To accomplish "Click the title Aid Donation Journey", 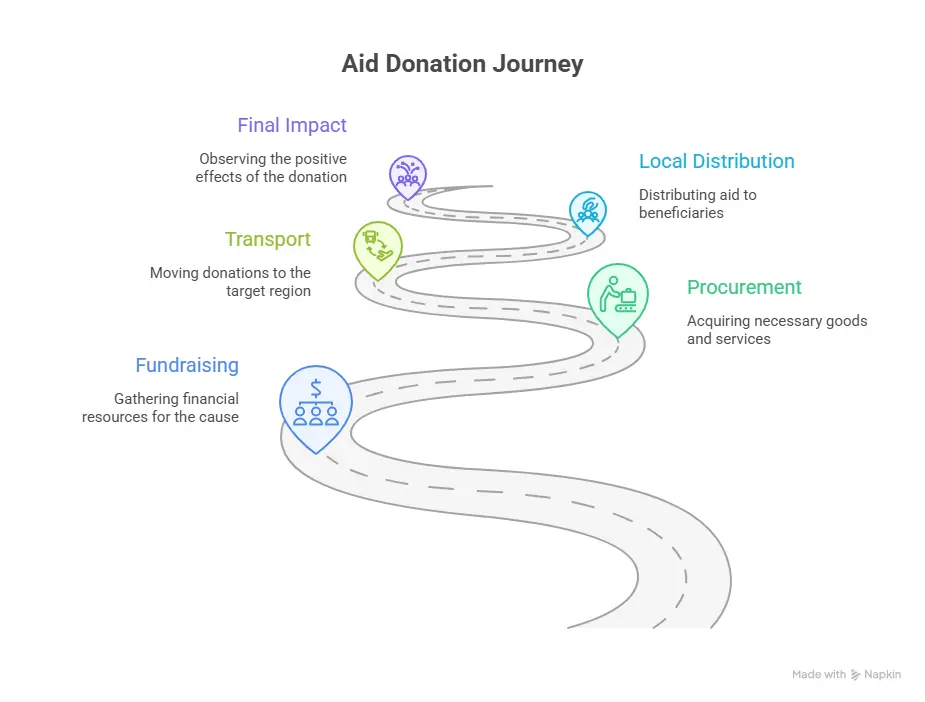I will click(x=462, y=64).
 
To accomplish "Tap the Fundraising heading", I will click(x=187, y=365).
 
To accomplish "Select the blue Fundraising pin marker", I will click(x=315, y=398).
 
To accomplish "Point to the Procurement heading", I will click(x=744, y=287).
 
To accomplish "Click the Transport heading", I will click(x=267, y=239).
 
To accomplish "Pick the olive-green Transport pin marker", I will click(x=378, y=247).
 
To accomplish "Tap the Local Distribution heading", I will click(x=716, y=161).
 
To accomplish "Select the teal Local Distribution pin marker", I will click(x=588, y=210).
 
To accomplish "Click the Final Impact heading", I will click(x=292, y=125).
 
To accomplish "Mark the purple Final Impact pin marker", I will click(x=408, y=174).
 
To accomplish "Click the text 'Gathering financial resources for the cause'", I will click(x=161, y=407).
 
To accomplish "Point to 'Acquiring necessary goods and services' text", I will click(x=777, y=330).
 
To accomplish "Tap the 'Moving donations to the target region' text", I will click(x=230, y=281).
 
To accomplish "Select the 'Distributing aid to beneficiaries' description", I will click(x=697, y=203).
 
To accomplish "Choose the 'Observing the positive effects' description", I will click(x=272, y=167).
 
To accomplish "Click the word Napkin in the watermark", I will click(x=883, y=675).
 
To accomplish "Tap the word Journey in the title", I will click(x=540, y=64).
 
